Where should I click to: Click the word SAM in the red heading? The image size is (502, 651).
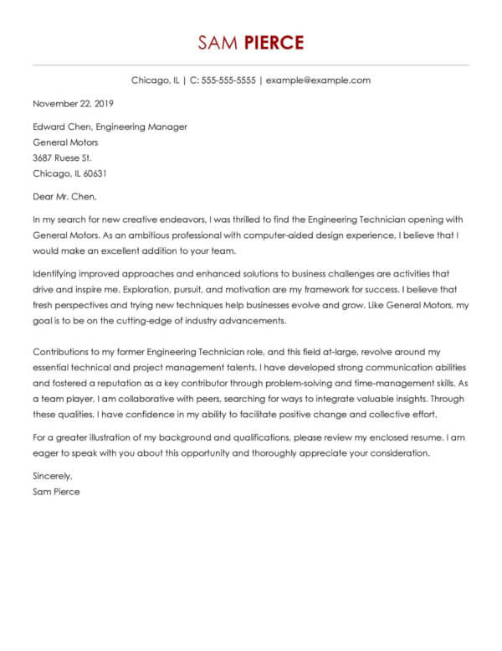(217, 44)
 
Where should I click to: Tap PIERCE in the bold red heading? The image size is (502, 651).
(271, 44)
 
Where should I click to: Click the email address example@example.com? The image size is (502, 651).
(318, 80)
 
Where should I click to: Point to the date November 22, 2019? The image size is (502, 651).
(73, 104)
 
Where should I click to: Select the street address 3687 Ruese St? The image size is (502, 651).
(62, 158)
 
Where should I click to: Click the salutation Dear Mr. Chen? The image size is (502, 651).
(64, 198)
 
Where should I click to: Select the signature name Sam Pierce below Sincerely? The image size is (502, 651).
(56, 492)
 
